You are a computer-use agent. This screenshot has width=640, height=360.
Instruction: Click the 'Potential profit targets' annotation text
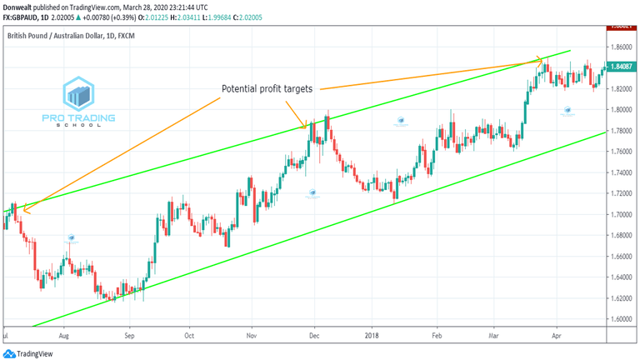tap(267, 88)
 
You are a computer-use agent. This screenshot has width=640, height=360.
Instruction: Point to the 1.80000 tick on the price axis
tap(619, 109)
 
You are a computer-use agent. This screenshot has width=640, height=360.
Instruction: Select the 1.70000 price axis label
tap(619, 214)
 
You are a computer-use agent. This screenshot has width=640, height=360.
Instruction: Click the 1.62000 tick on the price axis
tap(619, 298)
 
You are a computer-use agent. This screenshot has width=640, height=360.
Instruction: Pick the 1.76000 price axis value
tap(619, 152)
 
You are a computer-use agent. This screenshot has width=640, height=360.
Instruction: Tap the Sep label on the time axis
tap(129, 338)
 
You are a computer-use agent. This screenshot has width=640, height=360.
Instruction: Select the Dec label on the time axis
tap(315, 338)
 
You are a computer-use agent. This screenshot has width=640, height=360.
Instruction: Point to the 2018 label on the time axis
tap(372, 338)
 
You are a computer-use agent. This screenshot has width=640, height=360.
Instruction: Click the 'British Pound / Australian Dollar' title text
tap(67, 37)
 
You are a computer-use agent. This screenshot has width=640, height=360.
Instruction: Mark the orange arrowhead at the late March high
tap(540, 60)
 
